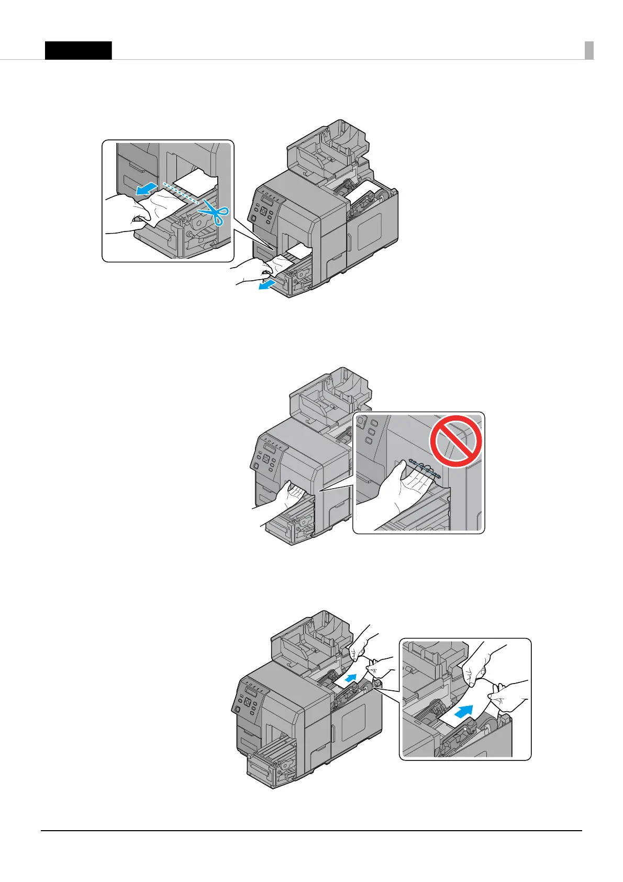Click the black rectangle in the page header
click(x=78, y=50)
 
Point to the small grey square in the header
click(x=589, y=50)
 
